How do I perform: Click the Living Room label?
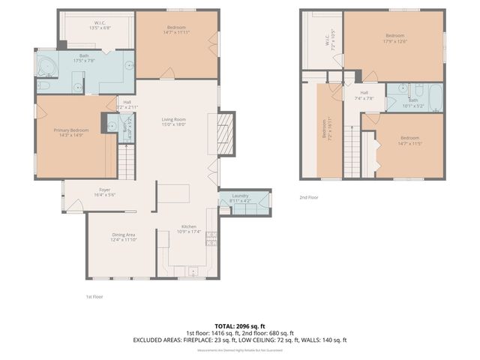coord(174,119)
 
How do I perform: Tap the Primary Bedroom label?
coord(72,130)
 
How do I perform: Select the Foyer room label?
coord(104,190)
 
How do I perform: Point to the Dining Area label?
coord(124,234)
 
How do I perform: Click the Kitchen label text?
coord(188,226)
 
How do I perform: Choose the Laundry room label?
coord(240,196)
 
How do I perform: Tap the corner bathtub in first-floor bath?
coord(47,65)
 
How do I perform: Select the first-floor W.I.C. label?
coord(100,22)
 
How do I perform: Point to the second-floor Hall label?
coord(364,93)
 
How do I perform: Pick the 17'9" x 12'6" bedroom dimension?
coord(395,41)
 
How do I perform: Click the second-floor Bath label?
coord(413,100)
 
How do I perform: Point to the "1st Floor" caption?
coord(94,296)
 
